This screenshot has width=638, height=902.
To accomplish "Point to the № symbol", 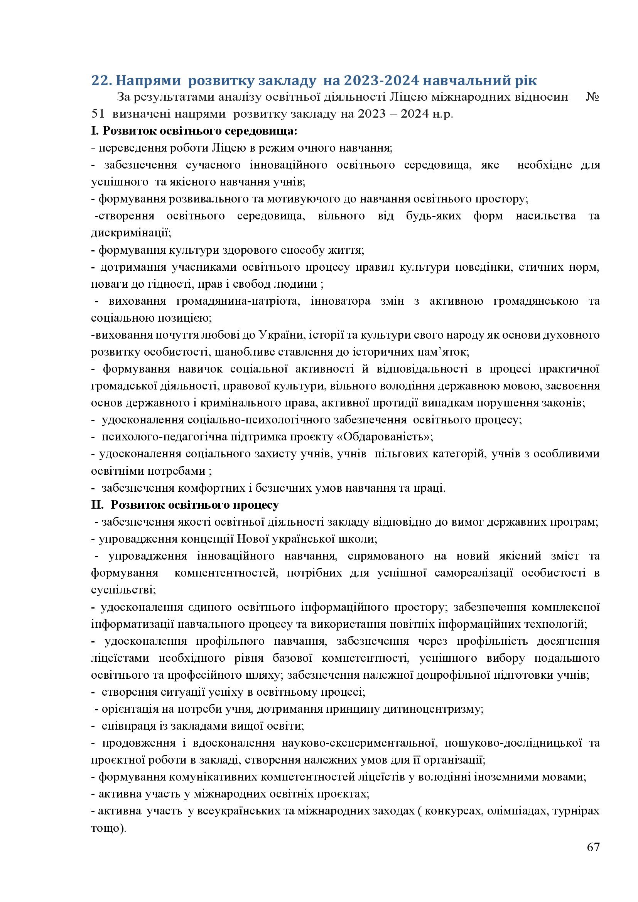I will pos(592,97).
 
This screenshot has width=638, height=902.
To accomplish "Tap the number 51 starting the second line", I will pos(98,114).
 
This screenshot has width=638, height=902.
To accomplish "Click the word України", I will pos(281,335).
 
